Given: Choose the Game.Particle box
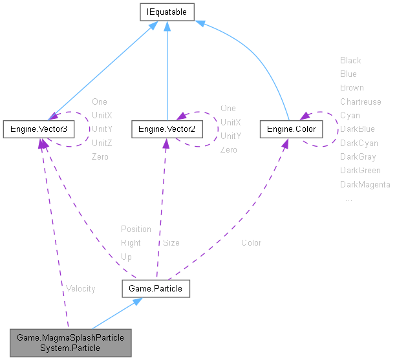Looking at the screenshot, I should point(156,288).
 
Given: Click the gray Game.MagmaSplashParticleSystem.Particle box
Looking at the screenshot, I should point(70,343).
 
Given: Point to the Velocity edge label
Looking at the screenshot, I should point(80,288).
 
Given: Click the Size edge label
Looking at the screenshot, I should point(171,243).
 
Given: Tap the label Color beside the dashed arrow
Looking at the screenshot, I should point(251,243).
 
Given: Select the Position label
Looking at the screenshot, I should point(136,229).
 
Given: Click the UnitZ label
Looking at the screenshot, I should point(102,143).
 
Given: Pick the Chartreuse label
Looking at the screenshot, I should point(361,101).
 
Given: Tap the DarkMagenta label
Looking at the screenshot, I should point(365,185).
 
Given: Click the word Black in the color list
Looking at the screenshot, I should point(350,60).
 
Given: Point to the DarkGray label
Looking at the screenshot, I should point(358,156).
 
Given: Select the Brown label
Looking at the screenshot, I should point(352,87).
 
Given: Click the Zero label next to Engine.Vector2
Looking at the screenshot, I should point(229,150).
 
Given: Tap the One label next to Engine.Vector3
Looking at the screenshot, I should point(100,101).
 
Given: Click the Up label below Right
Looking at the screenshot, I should point(126,257).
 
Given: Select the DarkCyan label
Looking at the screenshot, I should point(359,143).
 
